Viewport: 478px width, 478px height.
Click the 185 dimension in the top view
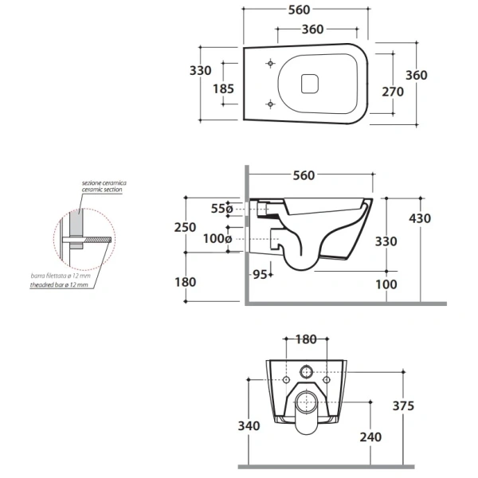pyautogui.click(x=223, y=88)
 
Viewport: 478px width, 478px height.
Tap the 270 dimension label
pyautogui.click(x=393, y=92)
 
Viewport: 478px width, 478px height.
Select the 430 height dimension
pyautogui.click(x=420, y=218)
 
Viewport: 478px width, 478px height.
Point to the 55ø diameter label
pyautogui.click(x=222, y=209)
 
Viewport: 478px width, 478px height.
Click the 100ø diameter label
pyautogui.click(x=217, y=238)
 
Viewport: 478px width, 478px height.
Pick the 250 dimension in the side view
pyautogui.click(x=185, y=227)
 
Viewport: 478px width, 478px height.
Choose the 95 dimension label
pyautogui.click(x=260, y=274)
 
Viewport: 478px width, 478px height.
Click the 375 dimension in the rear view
pyautogui.click(x=403, y=406)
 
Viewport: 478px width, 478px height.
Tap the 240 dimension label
pyautogui.click(x=370, y=437)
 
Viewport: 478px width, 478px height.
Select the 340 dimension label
pyautogui.click(x=249, y=425)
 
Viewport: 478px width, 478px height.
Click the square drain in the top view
pyautogui.click(x=310, y=84)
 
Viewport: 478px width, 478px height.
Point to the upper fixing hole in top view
pyautogui.click(x=270, y=64)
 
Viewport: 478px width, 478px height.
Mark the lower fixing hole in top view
pyautogui.click(x=270, y=104)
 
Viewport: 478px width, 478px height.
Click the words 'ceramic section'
pyautogui.click(x=102, y=190)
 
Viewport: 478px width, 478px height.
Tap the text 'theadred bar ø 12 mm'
pyautogui.click(x=59, y=285)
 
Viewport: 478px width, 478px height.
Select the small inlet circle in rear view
pyautogui.click(x=306, y=372)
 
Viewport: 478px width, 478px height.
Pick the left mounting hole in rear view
pyautogui.click(x=286, y=380)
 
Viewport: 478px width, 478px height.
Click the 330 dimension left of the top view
pyautogui.click(x=200, y=70)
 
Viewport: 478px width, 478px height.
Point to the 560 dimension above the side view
pyautogui.click(x=304, y=175)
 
